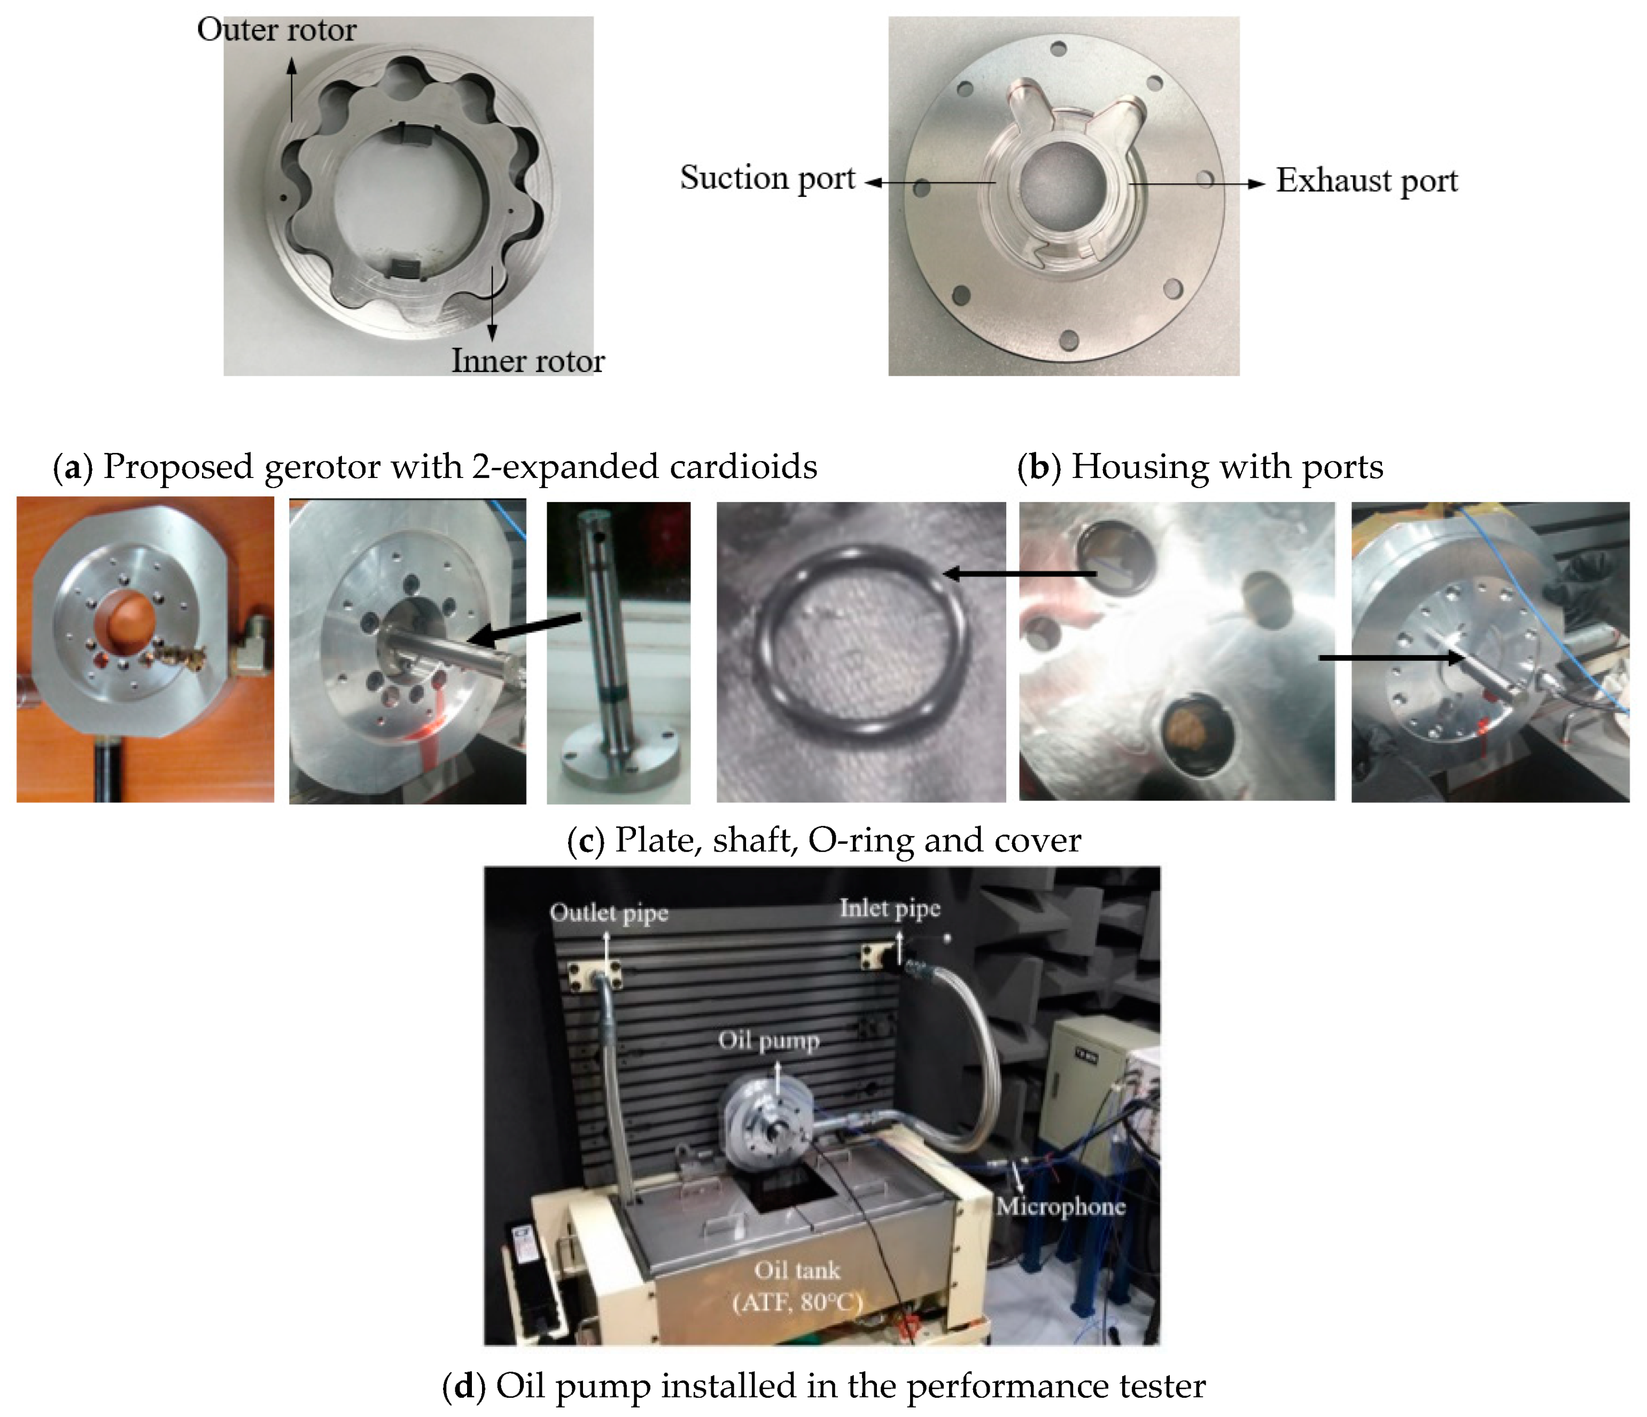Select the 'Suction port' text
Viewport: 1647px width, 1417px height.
click(x=767, y=178)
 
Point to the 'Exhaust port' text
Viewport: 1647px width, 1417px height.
click(x=1366, y=181)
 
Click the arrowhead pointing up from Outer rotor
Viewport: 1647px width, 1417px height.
click(x=292, y=65)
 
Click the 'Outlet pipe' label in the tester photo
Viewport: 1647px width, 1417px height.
click(x=608, y=913)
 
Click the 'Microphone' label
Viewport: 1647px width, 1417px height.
click(x=1060, y=1206)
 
